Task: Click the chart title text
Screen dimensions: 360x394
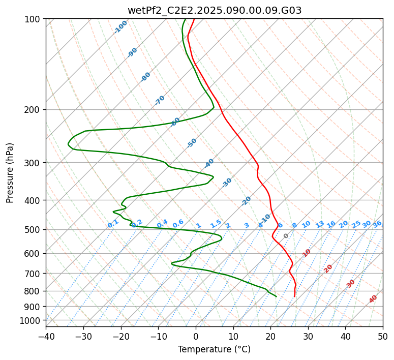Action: [x=214, y=10]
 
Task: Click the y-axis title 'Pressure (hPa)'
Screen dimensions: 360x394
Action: [x=10, y=173]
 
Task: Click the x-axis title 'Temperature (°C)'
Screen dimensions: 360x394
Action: [x=214, y=350]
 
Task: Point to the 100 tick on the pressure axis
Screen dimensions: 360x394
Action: [x=35, y=19]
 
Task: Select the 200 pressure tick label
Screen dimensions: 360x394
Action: [x=35, y=110]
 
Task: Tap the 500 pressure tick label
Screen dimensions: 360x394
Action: [x=35, y=230]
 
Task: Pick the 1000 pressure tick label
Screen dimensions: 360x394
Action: [x=33, y=321]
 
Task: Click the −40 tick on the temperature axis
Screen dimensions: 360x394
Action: [x=46, y=337]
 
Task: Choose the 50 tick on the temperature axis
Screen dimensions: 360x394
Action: [x=382, y=337]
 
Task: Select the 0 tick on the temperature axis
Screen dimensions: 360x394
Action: [x=196, y=337]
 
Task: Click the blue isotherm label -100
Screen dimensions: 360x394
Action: [x=120, y=27]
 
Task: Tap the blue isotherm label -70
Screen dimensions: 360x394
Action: [x=160, y=100]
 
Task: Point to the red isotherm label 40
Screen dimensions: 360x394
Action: [x=373, y=299]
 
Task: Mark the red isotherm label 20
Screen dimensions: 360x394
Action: [x=328, y=268]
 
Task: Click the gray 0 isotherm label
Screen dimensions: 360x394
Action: [x=286, y=236]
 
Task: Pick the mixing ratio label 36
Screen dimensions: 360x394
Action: [x=377, y=224]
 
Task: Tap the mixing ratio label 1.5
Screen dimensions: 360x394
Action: [x=216, y=224]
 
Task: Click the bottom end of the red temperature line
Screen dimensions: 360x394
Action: [x=294, y=296]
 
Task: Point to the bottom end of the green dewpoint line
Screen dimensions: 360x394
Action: [x=276, y=296]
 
